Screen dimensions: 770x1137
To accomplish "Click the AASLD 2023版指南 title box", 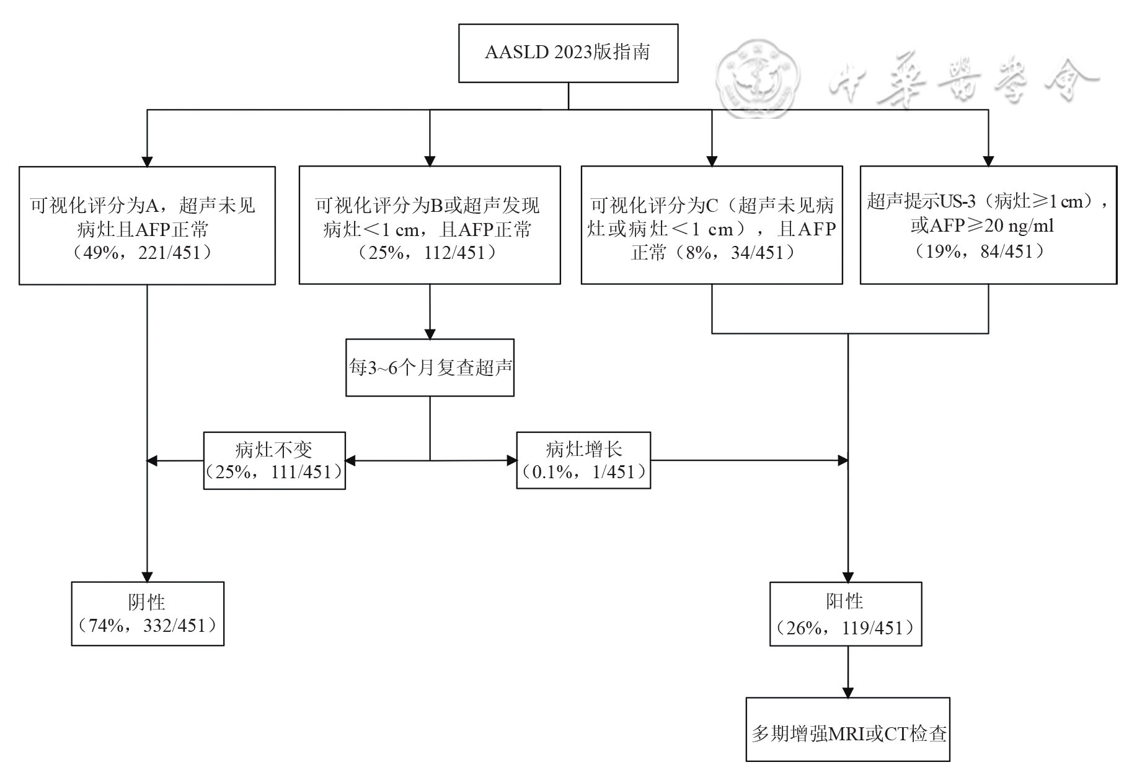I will tap(568, 53).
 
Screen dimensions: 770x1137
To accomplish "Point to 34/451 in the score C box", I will tap(758, 253).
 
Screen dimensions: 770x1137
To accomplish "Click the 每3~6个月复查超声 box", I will tap(430, 368).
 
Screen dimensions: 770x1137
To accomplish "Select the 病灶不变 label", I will tap(274, 449).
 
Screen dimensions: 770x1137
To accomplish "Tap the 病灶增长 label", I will tap(583, 449).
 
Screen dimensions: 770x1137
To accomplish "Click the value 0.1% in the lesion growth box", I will tap(552, 472).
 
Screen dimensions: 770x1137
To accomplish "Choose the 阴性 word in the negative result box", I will tap(147, 602).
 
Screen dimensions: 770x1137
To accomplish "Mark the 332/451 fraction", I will tap(174, 626).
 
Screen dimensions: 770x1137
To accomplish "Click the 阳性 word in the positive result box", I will tap(845, 601).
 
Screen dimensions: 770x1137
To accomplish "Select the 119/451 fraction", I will tap(873, 628).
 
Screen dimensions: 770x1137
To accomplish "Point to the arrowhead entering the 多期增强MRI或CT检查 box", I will tap(847, 692).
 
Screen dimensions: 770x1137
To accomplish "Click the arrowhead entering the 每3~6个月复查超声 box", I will tap(430, 333).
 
